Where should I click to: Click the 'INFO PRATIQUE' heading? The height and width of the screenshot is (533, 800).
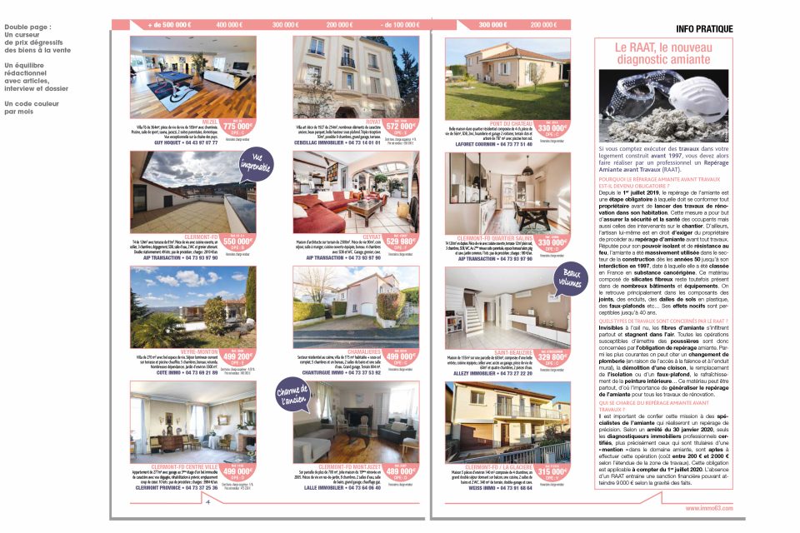pos(704,29)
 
